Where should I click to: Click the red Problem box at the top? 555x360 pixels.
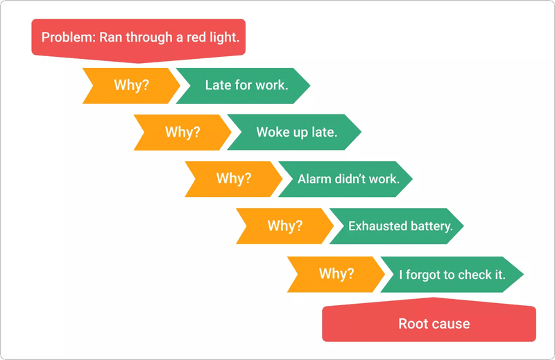(x=139, y=37)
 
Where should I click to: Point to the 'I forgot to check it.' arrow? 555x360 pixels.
(x=451, y=274)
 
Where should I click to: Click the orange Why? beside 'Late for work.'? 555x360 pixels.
(x=130, y=85)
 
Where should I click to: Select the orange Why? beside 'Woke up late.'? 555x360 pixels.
(x=182, y=132)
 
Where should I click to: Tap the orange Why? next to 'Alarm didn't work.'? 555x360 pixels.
(x=233, y=178)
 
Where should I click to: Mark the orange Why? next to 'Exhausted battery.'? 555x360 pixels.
(x=284, y=226)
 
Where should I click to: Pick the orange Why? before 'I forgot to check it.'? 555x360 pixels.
(x=336, y=274)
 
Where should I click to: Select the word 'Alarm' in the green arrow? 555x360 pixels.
(x=314, y=179)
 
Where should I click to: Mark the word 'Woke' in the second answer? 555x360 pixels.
(x=271, y=132)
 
